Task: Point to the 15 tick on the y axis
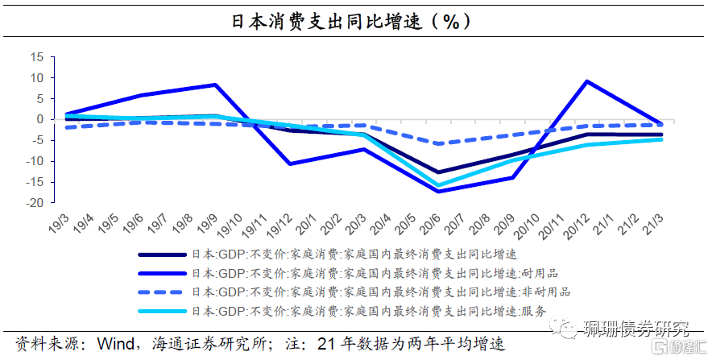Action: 35,57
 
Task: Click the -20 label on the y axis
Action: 33,203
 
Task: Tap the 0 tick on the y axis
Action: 39,119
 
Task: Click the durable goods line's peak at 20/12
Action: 586,81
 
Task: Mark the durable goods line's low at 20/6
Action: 438,192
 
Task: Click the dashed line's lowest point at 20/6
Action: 438,143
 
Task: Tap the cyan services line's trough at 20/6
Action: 438,185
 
